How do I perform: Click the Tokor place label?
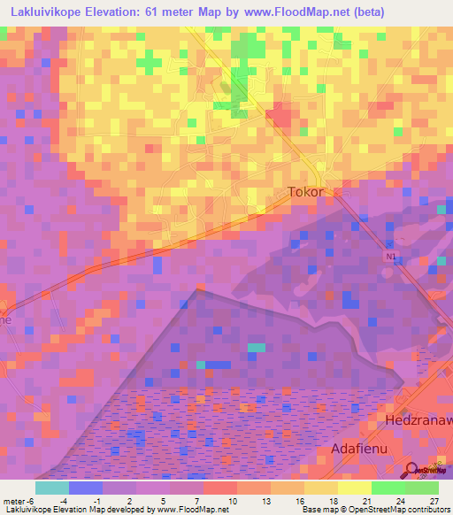coord(307,191)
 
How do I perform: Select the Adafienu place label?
coord(360,450)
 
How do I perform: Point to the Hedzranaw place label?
coord(418,422)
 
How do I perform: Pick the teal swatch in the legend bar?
coord(52,488)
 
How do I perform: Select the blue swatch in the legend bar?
coord(86,488)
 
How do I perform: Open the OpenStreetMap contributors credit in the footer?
coord(401,511)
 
